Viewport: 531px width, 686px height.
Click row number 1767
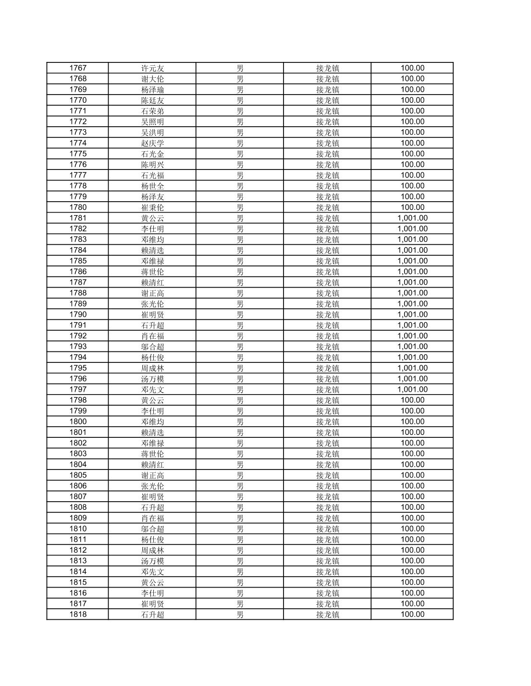tap(78, 68)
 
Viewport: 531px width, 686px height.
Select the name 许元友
tap(152, 68)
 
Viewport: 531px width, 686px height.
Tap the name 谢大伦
tap(152, 79)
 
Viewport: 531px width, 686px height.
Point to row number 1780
tap(78, 207)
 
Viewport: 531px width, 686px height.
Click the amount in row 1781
tap(412, 218)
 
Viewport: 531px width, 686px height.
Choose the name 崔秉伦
tap(152, 207)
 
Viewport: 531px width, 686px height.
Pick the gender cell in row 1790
tap(240, 314)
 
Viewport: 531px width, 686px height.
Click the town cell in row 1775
tap(327, 154)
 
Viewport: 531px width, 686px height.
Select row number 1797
tap(78, 389)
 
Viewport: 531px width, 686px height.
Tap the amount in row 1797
tap(412, 389)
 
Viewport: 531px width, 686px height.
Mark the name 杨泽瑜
tap(152, 89)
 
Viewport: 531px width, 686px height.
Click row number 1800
tap(78, 421)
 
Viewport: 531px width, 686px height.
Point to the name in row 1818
tap(152, 614)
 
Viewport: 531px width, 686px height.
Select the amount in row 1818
tap(412, 614)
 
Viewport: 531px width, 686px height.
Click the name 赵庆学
tap(152, 143)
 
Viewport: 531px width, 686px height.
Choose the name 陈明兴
tap(152, 165)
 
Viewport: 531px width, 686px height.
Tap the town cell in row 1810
tap(327, 529)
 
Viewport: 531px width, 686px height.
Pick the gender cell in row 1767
tap(240, 68)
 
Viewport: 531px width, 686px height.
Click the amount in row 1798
tap(412, 400)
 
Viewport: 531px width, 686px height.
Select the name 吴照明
tap(152, 121)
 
